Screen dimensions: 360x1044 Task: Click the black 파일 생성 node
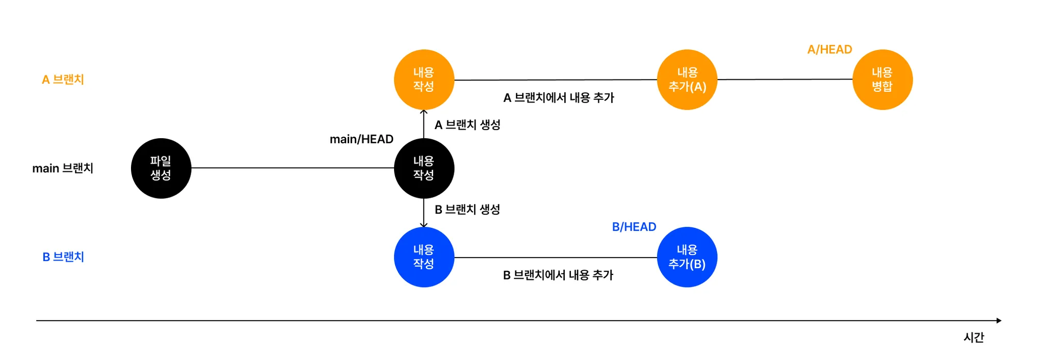[x=161, y=168]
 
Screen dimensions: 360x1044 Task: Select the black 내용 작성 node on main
[x=424, y=168]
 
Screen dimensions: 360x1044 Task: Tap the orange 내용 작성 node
[x=424, y=80]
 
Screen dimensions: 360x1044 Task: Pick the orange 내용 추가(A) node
[x=687, y=80]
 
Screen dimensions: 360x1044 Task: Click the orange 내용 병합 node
[x=882, y=80]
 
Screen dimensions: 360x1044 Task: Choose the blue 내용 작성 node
[x=424, y=257]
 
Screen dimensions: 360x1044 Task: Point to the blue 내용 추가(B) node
[x=687, y=257]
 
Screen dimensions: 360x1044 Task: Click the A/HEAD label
[x=829, y=49]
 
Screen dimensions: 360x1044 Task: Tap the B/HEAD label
[x=634, y=227]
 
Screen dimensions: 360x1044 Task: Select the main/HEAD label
[x=361, y=139]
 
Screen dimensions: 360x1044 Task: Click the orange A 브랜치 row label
[x=63, y=80]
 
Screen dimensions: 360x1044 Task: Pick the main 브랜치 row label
[x=63, y=168]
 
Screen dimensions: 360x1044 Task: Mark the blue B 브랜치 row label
[x=63, y=257]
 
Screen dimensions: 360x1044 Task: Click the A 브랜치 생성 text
[x=467, y=125]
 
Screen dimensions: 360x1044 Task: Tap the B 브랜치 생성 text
[x=467, y=210]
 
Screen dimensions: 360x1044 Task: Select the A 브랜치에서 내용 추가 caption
[x=559, y=98]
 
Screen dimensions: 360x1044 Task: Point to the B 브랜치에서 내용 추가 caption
[x=558, y=275]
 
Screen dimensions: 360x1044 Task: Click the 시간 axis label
[x=974, y=338]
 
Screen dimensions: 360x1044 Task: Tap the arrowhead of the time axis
[x=999, y=321]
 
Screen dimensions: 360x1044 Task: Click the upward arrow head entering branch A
[x=424, y=112]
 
